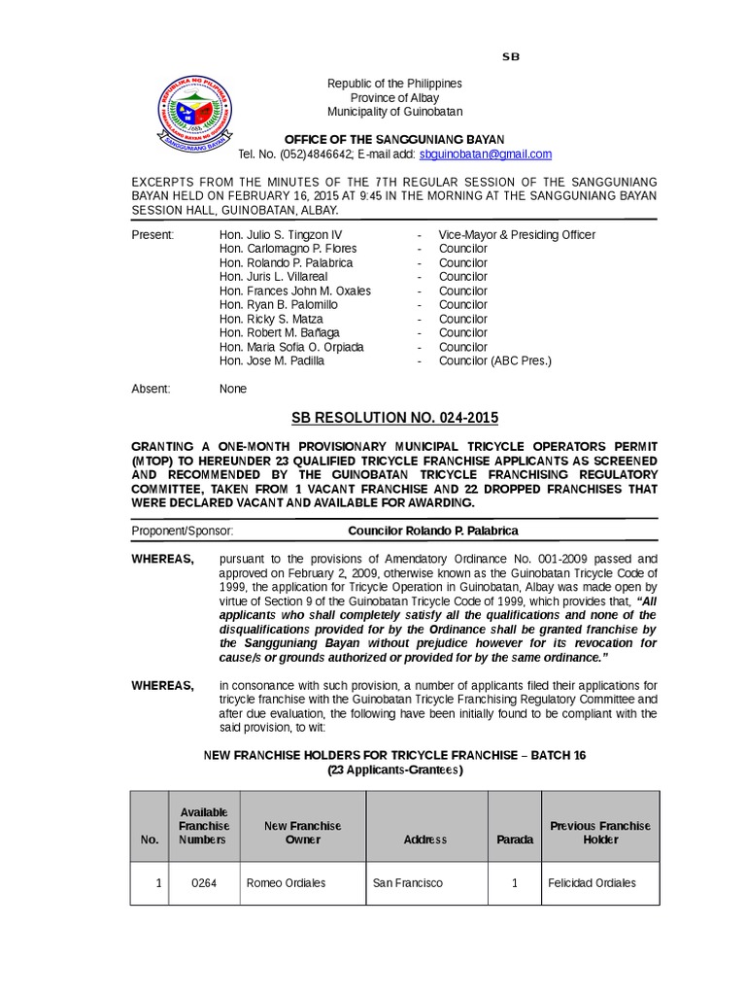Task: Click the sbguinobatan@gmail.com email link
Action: [x=485, y=154]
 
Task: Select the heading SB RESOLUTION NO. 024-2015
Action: [x=394, y=418]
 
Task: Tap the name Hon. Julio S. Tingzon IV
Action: [x=281, y=235]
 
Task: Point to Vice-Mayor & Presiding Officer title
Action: [x=517, y=235]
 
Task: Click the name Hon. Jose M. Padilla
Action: [x=272, y=360]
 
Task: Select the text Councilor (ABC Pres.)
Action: [x=494, y=360]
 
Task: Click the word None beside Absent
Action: [x=233, y=389]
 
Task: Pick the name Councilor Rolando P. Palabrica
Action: [x=433, y=531]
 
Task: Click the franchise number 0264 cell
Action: [x=204, y=883]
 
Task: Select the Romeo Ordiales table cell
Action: [x=286, y=883]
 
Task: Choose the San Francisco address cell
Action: [x=407, y=883]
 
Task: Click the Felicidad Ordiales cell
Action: [x=592, y=883]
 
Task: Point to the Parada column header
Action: [x=515, y=839]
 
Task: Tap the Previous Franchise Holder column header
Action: [x=600, y=832]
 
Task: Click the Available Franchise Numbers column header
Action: [x=204, y=826]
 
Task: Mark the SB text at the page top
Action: [x=511, y=56]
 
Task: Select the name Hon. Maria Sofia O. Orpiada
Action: [x=291, y=347]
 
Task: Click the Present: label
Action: [x=153, y=235]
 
